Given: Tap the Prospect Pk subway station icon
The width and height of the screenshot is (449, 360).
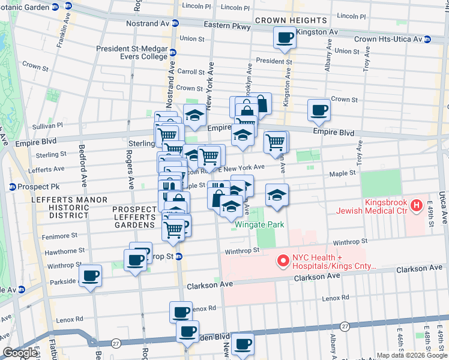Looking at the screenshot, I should (x=11, y=187).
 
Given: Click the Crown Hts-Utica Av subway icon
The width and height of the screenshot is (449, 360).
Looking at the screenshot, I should (x=427, y=39).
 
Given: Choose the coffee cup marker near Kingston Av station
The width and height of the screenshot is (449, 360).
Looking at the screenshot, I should (x=285, y=38).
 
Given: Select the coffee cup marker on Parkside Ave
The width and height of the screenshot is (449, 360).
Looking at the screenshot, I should (x=91, y=276).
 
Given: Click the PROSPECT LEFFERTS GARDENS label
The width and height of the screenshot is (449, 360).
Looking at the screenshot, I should (x=133, y=217).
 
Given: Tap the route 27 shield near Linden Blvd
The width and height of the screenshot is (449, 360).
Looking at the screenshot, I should (x=345, y=326).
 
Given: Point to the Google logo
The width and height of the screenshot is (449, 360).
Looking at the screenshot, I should (x=20, y=353).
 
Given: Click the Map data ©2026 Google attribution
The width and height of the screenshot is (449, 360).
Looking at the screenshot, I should (x=411, y=355).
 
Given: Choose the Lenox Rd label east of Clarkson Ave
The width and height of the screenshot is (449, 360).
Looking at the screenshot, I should (x=335, y=298).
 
